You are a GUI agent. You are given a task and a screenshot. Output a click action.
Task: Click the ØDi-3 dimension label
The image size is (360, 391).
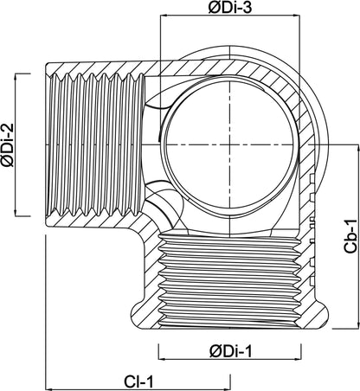(x=230, y=7)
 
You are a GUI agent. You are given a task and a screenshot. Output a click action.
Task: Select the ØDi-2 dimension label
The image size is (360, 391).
(x=8, y=145)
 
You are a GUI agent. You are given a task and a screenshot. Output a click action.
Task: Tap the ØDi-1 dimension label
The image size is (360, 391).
(x=230, y=351)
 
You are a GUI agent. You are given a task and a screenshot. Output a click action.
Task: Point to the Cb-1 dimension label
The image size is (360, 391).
(x=350, y=236)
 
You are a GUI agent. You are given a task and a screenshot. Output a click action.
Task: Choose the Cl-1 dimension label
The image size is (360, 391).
(x=138, y=381)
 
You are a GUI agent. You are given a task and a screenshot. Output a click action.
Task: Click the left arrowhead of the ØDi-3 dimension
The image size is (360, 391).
(x=164, y=16)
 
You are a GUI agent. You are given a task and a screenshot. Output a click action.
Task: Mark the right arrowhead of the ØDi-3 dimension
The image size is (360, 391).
(x=297, y=16)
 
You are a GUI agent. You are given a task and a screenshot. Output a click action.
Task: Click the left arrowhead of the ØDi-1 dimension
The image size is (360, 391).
(x=162, y=359)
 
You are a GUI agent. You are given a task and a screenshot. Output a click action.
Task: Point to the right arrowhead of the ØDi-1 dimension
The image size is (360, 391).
(x=298, y=359)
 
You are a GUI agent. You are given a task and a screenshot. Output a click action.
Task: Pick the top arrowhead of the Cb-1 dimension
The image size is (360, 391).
(x=358, y=146)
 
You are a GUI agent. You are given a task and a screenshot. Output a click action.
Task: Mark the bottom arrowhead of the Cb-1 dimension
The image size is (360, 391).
(x=358, y=325)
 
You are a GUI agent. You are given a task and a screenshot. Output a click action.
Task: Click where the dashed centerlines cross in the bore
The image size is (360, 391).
(x=230, y=144)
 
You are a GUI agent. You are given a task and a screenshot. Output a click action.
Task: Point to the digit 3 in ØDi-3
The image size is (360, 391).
(x=247, y=7)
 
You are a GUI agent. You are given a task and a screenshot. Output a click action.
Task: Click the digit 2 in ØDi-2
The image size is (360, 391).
(x=8, y=128)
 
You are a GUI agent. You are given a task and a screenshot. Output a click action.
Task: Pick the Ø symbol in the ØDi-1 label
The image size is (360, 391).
(x=215, y=352)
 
